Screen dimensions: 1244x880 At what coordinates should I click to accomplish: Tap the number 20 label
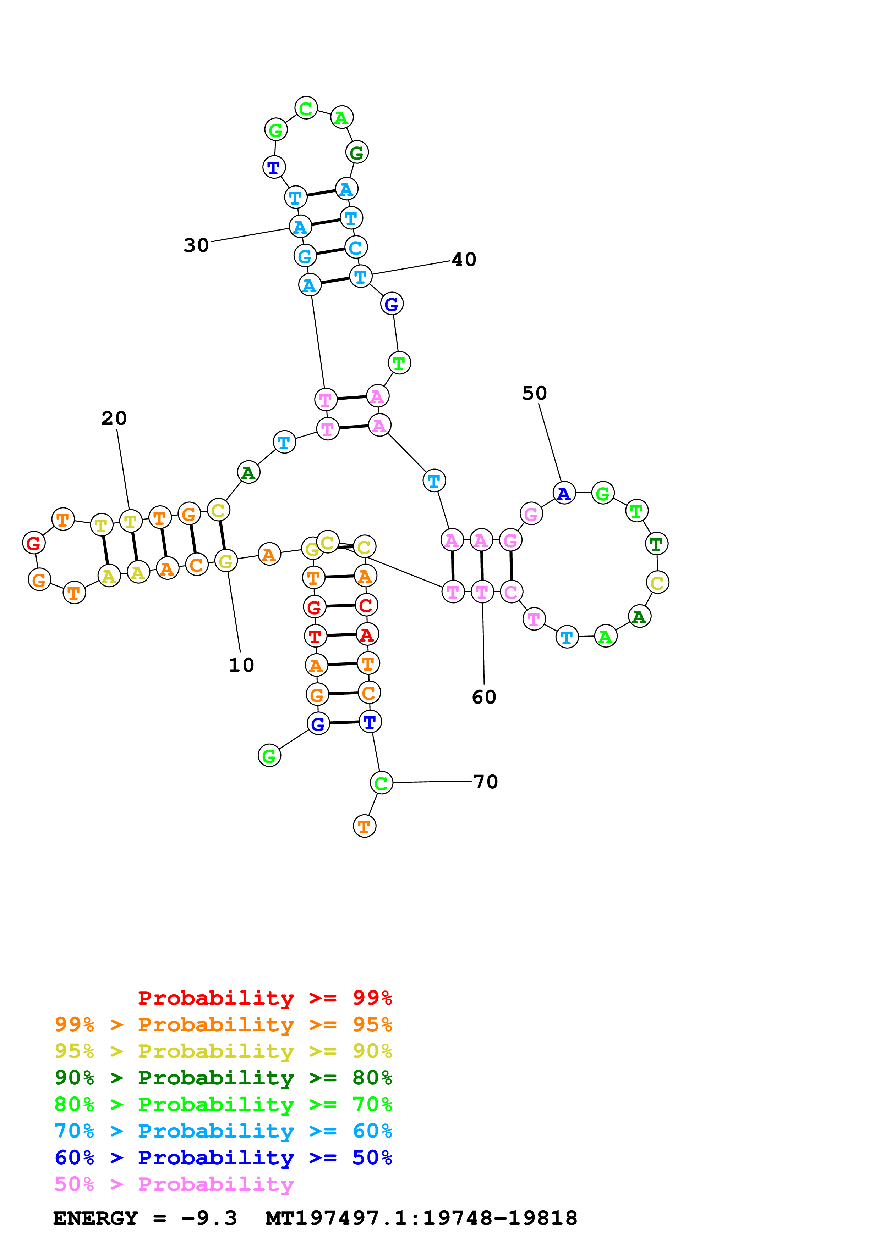coord(114,418)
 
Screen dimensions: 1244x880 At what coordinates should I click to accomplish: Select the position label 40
coord(464,260)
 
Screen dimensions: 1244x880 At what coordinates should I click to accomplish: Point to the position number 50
coord(534,393)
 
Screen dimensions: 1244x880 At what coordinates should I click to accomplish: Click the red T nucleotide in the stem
coord(315,635)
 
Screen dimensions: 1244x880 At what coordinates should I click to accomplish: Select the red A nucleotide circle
coord(367,634)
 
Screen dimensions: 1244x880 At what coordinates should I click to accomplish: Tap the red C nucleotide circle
coord(366,605)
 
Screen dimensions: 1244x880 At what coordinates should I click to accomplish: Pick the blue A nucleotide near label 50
coord(564,493)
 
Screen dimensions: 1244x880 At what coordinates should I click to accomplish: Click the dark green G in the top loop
coord(357,153)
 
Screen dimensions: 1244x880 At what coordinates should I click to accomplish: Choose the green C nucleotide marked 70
coord(381,783)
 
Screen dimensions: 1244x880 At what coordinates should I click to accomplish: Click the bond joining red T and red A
coord(341,635)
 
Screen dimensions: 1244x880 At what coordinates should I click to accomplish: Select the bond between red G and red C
coord(340,606)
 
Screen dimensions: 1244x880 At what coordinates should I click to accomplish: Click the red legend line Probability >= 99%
coord(264,998)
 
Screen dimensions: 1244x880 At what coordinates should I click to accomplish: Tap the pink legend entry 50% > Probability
coord(174,1184)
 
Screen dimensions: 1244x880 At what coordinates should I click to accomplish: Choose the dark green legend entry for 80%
coord(223,1078)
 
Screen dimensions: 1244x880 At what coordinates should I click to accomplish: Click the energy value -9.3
coord(209,1218)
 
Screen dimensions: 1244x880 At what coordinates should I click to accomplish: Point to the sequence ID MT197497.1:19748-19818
coord(421,1218)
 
